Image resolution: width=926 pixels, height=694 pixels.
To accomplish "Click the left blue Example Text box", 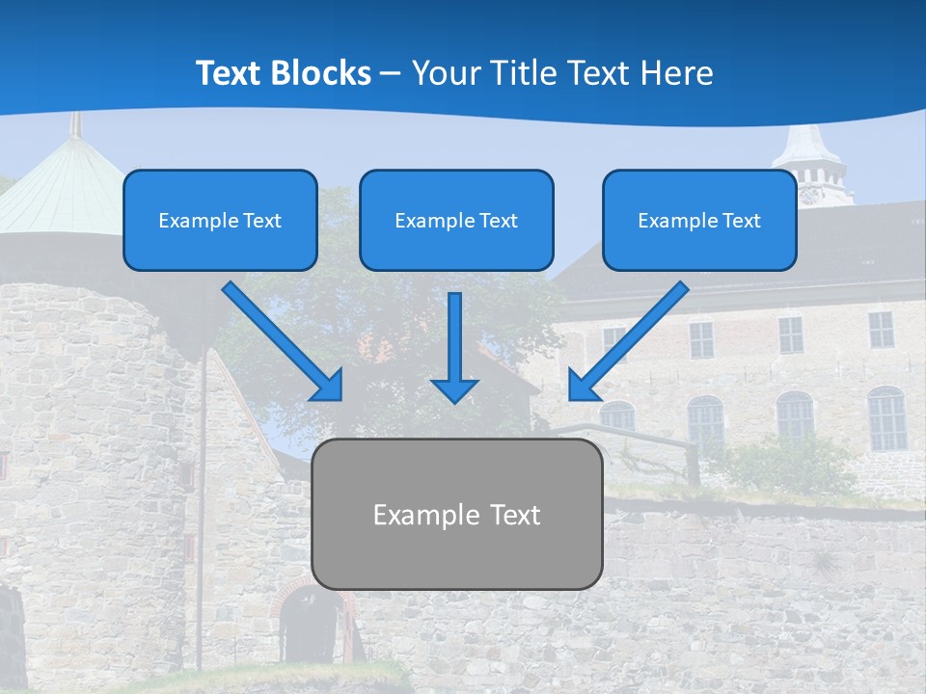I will (220, 220).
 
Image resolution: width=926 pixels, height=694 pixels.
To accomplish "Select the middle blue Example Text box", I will (456, 220).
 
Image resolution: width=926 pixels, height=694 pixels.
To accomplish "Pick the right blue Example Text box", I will (699, 220).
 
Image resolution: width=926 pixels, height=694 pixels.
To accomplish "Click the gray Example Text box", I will (456, 514).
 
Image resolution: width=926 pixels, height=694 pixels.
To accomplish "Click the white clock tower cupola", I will (809, 160).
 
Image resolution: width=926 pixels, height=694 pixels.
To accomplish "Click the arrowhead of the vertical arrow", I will (454, 389).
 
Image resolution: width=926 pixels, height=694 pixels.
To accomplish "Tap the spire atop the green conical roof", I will (74, 123).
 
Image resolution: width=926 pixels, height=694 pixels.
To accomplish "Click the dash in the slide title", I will (392, 73).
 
